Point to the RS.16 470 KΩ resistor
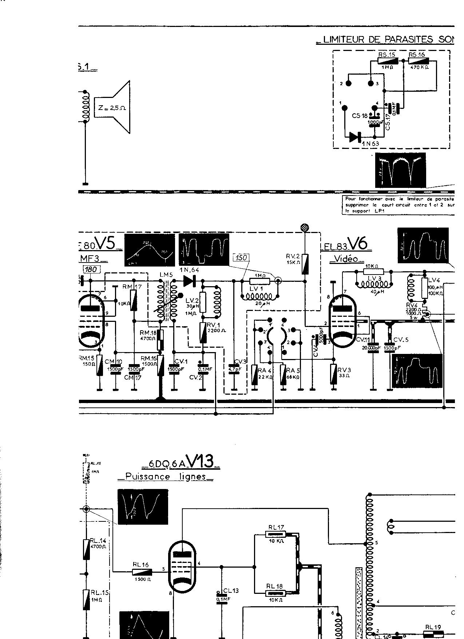pos(419,61)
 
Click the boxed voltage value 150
pos(241,258)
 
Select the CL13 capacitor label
pos(231,591)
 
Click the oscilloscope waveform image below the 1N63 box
pos(400,170)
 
